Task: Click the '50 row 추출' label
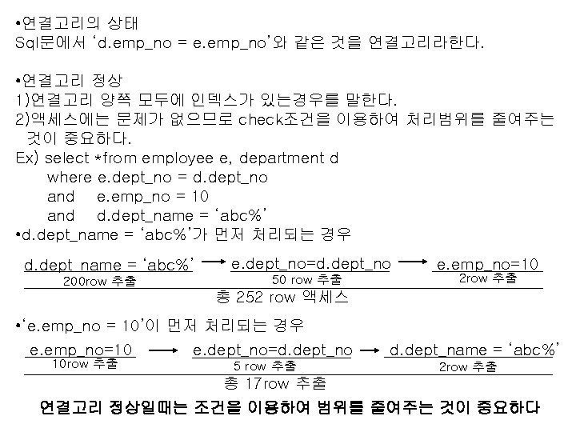pyautogui.click(x=307, y=279)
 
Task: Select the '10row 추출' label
pyautogui.click(x=84, y=363)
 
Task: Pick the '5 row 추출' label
pyautogui.click(x=259, y=366)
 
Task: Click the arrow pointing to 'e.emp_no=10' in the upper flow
pyautogui.click(x=414, y=262)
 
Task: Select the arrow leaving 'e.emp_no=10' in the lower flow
pyautogui.click(x=163, y=350)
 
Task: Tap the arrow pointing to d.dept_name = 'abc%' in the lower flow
pyautogui.click(x=368, y=350)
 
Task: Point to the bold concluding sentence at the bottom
pyautogui.click(x=290, y=407)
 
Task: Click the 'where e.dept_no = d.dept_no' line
pyautogui.click(x=158, y=177)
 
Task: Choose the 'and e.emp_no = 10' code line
pyautogui.click(x=128, y=196)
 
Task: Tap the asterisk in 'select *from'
pyautogui.click(x=98, y=158)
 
